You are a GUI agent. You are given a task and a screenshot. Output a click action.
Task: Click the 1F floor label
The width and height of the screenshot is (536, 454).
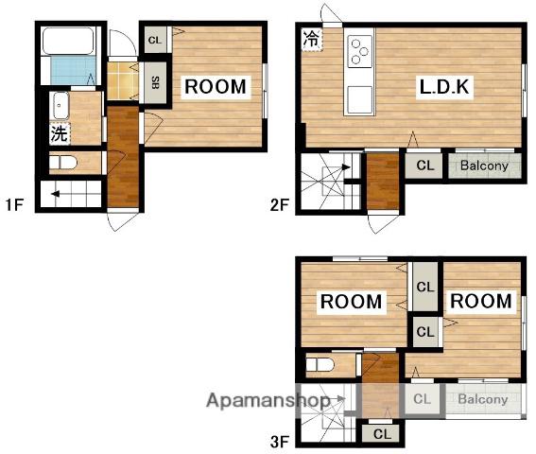click(x=14, y=204)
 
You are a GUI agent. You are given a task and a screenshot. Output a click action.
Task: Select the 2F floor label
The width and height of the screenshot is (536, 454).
click(x=280, y=205)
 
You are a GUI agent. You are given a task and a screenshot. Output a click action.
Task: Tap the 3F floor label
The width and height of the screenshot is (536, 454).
click(x=280, y=442)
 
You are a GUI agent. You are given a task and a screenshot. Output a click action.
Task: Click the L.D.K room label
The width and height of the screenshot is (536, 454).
click(x=444, y=87)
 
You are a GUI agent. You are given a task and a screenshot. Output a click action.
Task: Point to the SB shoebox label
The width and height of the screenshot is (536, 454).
click(x=155, y=82)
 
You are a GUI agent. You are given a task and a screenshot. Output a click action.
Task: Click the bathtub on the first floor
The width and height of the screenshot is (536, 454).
click(x=68, y=41)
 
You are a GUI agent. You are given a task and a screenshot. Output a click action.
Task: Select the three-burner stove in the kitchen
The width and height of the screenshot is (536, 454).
click(x=359, y=51)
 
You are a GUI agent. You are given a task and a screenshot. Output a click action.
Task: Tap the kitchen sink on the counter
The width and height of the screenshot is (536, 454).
click(x=359, y=100)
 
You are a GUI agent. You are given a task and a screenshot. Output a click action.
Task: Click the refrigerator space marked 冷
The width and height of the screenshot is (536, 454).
click(x=312, y=39)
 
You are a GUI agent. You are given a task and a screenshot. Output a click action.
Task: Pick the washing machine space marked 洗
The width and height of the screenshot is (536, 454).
click(x=60, y=133)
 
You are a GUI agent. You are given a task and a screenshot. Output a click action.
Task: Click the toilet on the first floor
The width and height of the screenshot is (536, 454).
click(x=63, y=163)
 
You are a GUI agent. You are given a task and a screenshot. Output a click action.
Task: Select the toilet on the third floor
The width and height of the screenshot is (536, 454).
click(x=320, y=364)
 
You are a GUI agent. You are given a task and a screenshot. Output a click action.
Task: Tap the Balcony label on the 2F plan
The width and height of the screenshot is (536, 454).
click(x=484, y=166)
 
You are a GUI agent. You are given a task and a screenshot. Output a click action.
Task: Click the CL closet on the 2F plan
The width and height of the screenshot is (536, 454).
click(x=424, y=165)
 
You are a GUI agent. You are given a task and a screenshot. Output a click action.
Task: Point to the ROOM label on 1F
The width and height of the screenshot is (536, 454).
click(x=216, y=87)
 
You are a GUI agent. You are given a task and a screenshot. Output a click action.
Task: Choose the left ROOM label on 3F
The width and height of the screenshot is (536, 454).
click(x=351, y=302)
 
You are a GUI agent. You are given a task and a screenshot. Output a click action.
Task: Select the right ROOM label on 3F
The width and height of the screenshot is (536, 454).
click(x=481, y=301)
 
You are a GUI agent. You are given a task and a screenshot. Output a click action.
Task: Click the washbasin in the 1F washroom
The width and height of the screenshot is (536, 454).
click(x=61, y=106)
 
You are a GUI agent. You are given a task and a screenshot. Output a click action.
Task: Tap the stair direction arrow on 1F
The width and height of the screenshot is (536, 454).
click(x=56, y=194)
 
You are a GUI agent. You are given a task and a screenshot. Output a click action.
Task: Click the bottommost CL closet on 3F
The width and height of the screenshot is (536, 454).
click(x=382, y=434)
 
